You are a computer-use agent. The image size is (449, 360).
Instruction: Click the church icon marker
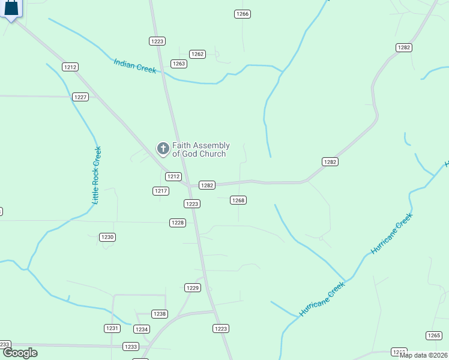click(162, 148)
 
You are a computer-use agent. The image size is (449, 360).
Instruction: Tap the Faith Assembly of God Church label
click(200, 149)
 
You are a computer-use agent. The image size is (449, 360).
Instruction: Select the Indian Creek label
click(135, 65)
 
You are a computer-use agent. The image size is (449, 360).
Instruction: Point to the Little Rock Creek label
click(97, 176)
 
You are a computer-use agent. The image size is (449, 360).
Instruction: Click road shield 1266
click(243, 14)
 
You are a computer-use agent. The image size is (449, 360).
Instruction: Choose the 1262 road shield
click(197, 54)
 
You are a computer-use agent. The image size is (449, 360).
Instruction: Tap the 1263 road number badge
click(179, 64)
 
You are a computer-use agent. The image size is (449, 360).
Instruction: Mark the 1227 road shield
click(80, 97)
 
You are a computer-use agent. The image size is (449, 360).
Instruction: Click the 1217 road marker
click(160, 191)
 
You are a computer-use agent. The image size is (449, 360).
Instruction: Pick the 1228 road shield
click(178, 223)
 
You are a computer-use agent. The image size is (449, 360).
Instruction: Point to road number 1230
click(107, 237)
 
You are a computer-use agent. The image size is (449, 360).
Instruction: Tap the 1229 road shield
click(193, 288)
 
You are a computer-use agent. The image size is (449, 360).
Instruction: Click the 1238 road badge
click(160, 314)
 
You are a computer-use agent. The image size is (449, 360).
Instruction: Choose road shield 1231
click(112, 328)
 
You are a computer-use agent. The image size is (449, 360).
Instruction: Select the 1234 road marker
click(142, 329)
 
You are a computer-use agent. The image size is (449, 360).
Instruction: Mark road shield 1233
click(131, 347)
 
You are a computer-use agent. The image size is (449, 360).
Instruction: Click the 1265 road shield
click(434, 335)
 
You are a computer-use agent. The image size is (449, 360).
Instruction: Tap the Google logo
click(19, 353)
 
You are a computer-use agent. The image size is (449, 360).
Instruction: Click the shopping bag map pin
click(11, 8)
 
